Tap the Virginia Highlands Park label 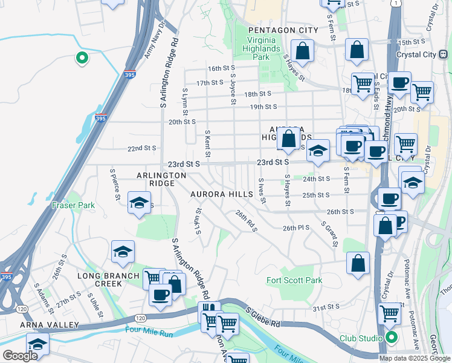[260, 48]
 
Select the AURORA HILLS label [221, 194]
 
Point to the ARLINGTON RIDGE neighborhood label [161, 179]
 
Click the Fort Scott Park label [294, 280]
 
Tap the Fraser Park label [73, 205]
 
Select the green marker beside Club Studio [392, 338]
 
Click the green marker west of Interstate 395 [82, 58]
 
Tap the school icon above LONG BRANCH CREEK [123, 252]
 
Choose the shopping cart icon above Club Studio [390, 313]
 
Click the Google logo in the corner [21, 356]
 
